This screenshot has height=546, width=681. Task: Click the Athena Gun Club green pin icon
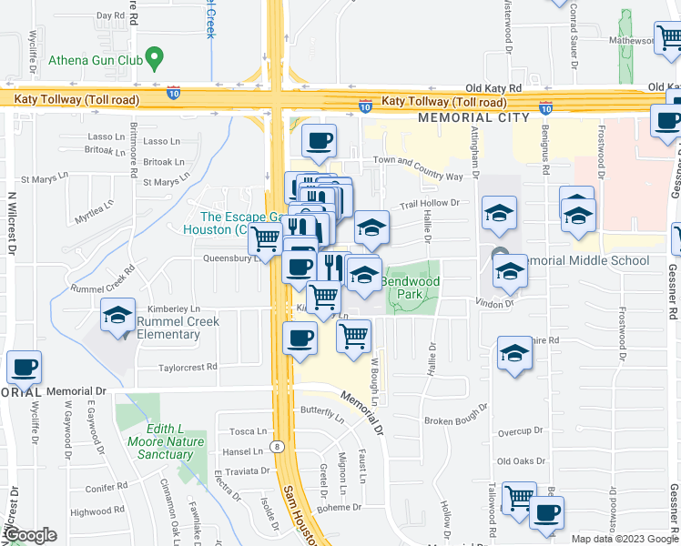(154, 61)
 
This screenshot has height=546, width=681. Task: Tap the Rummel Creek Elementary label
(168, 328)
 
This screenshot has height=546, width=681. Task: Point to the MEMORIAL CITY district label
(473, 118)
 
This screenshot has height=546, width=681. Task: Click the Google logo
(30, 535)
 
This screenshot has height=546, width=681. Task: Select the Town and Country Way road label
(418, 167)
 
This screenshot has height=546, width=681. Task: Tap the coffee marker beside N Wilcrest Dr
(25, 367)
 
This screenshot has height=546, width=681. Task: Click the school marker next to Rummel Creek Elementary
(117, 315)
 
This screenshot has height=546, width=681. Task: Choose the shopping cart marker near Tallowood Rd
(519, 497)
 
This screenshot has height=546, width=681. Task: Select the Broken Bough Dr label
(457, 420)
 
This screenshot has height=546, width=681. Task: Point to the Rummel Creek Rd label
(103, 279)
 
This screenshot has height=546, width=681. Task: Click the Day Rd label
(109, 15)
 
